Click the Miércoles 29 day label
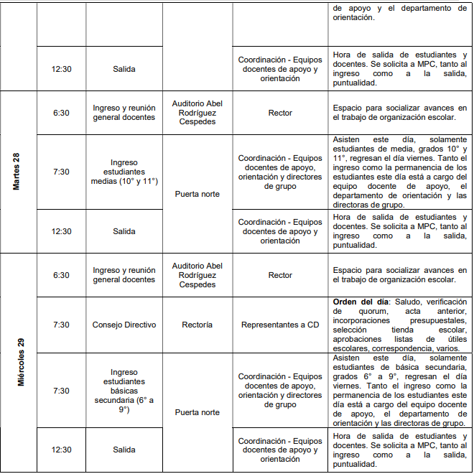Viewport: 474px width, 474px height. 21,362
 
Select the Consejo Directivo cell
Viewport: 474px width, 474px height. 124,325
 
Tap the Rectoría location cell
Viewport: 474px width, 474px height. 197,325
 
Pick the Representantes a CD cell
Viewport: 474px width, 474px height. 280,325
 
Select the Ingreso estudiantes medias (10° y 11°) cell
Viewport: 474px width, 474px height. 124,172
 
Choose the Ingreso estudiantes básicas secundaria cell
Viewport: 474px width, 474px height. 124,391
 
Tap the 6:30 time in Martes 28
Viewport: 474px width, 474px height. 61,113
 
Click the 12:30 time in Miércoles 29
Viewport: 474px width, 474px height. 61,450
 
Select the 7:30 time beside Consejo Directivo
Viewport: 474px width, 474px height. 61,325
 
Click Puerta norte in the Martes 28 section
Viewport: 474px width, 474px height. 197,194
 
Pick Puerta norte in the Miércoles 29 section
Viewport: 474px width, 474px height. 197,412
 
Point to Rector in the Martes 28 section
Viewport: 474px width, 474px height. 280,113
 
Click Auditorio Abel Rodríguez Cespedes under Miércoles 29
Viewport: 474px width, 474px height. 197,275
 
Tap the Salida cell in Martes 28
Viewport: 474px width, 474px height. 124,231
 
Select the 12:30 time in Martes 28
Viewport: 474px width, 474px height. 61,231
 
